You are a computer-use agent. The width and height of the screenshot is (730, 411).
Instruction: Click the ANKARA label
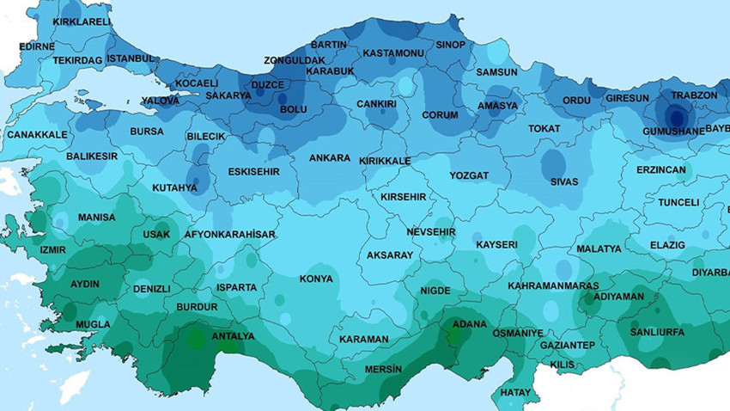[x=330, y=158]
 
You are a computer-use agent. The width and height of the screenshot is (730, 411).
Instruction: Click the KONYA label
[x=315, y=279]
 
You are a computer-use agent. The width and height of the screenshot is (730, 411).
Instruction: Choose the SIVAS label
[x=564, y=181]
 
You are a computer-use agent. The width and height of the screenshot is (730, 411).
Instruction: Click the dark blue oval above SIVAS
[x=553, y=163]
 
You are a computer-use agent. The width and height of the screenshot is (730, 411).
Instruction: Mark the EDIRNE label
[x=36, y=46]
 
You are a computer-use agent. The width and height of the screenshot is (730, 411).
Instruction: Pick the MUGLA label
[x=93, y=324]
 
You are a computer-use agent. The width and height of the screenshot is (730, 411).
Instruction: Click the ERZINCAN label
[x=661, y=170]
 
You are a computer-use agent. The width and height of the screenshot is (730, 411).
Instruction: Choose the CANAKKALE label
[x=37, y=135]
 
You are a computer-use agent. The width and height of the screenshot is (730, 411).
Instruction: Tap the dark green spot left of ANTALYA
[x=197, y=338]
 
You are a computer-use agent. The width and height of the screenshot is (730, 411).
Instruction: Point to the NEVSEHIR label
[x=430, y=233]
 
